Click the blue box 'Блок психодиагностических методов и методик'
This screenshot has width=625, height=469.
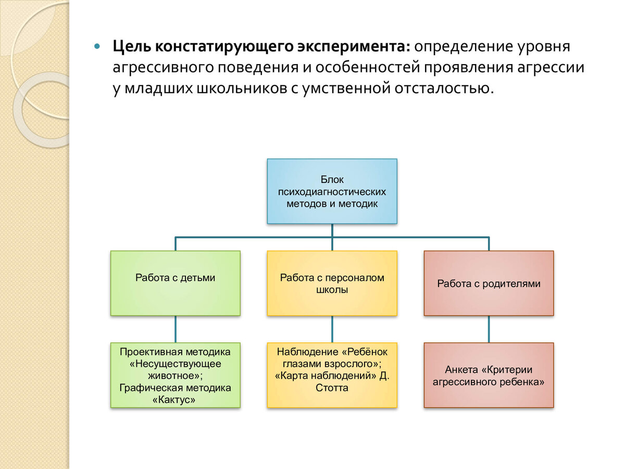(x=332, y=191)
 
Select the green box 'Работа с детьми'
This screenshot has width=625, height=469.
(x=175, y=283)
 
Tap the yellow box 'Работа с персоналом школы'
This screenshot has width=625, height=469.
(x=332, y=283)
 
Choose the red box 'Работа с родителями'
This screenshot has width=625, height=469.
(x=489, y=283)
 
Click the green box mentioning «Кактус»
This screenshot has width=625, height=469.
(x=175, y=375)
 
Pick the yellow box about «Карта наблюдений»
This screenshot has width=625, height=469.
(x=332, y=375)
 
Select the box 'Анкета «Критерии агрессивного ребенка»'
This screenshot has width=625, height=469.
(x=489, y=375)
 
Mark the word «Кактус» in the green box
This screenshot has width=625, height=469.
(x=175, y=400)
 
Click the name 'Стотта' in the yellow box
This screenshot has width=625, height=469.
(x=332, y=388)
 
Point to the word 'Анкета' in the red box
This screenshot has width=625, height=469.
(x=461, y=369)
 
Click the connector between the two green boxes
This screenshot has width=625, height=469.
(x=175, y=329)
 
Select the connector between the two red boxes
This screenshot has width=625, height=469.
(x=489, y=329)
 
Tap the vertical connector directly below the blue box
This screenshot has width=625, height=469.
(x=332, y=230)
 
